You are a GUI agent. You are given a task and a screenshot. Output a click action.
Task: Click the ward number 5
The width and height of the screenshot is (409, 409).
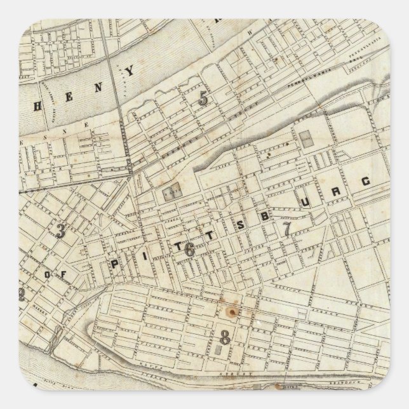point(203,98)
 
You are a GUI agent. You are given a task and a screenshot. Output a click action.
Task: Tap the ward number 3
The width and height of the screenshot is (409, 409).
point(61,231)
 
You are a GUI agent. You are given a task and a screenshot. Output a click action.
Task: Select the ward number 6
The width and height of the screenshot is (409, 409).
point(189,249)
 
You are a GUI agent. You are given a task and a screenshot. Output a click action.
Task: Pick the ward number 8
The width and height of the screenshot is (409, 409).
point(224,334)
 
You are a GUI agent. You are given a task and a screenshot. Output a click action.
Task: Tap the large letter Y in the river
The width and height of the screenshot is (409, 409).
point(131,72)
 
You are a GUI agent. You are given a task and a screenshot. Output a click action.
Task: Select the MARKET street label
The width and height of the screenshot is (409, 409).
point(39,309)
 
